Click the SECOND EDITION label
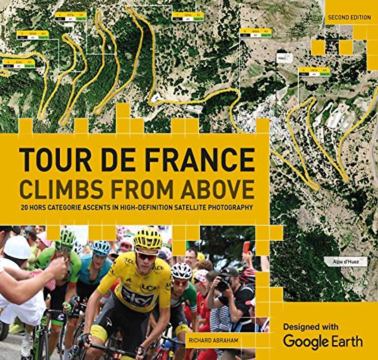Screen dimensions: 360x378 [x=349, y=18]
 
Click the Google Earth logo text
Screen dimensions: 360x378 [x=323, y=341]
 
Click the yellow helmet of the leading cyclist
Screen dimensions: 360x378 [x=148, y=238]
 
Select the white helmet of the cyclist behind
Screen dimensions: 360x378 [x=182, y=271]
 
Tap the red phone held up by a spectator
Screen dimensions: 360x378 [x=246, y=247]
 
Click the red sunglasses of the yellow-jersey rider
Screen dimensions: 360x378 [x=147, y=256]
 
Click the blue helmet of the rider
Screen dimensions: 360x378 [x=101, y=247]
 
